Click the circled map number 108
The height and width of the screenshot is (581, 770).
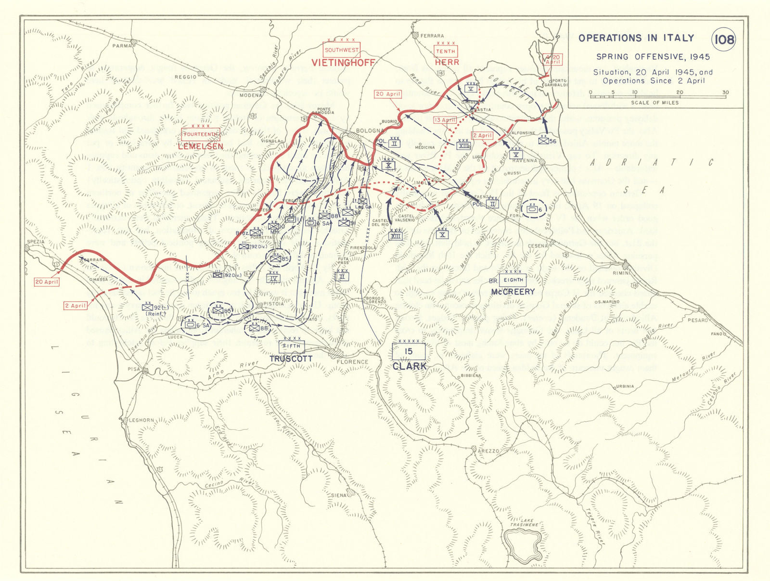pos(724,39)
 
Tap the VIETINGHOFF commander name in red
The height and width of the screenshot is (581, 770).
pos(343,63)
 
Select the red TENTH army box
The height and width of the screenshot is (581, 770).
pos(445,51)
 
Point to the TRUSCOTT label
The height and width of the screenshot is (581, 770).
pos(291,359)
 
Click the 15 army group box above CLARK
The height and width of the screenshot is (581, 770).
pos(409,351)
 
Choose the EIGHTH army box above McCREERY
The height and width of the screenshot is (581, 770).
pos(513,280)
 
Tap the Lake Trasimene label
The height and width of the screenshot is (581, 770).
pos(524,522)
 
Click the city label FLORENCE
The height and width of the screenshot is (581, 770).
pos(352,362)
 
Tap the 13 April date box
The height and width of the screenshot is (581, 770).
pos(445,120)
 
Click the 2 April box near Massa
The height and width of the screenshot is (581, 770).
pos(76,306)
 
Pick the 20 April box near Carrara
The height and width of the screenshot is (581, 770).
pos(46,282)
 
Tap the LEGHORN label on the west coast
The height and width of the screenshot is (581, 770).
pos(141,420)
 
